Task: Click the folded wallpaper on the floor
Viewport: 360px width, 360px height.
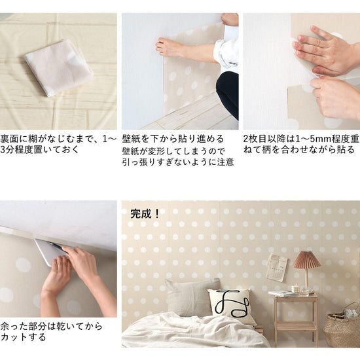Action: tap(59, 67)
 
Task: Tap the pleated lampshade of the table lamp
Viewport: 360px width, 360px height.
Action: tap(306, 259)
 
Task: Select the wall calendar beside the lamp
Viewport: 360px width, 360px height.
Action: tap(277, 268)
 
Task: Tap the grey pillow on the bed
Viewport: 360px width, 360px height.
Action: tap(191, 297)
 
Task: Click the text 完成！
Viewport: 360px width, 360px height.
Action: tap(145, 214)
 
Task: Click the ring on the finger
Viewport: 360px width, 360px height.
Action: tap(317, 43)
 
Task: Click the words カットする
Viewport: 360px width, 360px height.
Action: tap(23, 337)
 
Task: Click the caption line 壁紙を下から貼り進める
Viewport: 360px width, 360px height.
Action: tap(173, 139)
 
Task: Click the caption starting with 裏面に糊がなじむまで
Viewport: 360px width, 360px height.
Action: tap(58, 144)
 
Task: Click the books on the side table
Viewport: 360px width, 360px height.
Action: tap(283, 293)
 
